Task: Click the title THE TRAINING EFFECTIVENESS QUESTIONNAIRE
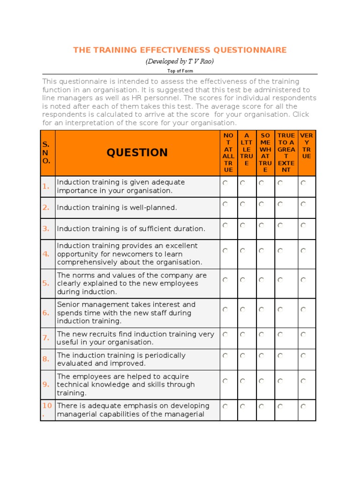pyautogui.click(x=180, y=50)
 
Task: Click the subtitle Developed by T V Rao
pyautogui.click(x=180, y=61)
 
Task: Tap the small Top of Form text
pyautogui.click(x=180, y=71)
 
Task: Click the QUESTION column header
pyautogui.click(x=137, y=152)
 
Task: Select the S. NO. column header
pyautogui.click(x=46, y=152)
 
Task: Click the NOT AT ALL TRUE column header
pyautogui.click(x=228, y=152)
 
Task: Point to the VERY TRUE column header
pyautogui.click(x=307, y=146)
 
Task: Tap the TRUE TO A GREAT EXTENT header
pyautogui.click(x=286, y=152)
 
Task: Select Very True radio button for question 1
pyautogui.click(x=303, y=183)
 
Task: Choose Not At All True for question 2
pyautogui.click(x=225, y=204)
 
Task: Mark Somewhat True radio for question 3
pyautogui.click(x=261, y=225)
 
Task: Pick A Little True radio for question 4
pyautogui.click(x=242, y=251)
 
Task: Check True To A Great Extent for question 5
pyautogui.click(x=280, y=280)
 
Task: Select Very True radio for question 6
pyautogui.click(x=303, y=310)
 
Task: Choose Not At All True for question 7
pyautogui.click(x=225, y=335)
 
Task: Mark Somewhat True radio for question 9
pyautogui.click(x=261, y=381)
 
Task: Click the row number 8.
pyautogui.click(x=46, y=359)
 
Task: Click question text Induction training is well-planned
pyautogui.click(x=117, y=208)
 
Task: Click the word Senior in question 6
pyautogui.click(x=68, y=305)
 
